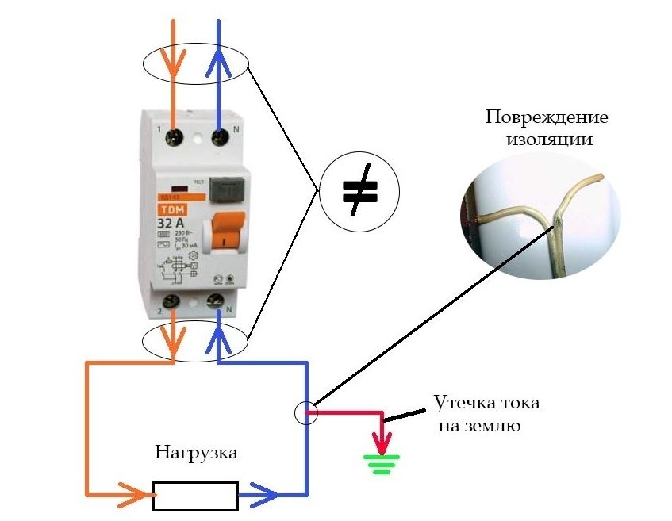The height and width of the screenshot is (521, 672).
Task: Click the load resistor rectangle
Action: click(195, 496)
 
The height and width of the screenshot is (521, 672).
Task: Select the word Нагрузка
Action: click(195, 454)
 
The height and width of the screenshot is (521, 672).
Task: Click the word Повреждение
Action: click(547, 118)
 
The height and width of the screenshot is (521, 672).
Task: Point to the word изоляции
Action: click(547, 140)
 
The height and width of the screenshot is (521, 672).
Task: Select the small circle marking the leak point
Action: click(306, 412)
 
